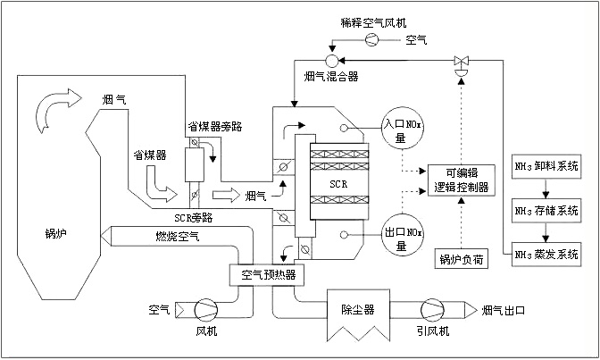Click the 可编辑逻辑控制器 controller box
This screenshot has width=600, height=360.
pos(459,180)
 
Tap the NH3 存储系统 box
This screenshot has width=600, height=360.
pos(546,212)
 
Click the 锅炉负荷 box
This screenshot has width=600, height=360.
pos(460,260)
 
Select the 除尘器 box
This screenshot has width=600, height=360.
pos(356,310)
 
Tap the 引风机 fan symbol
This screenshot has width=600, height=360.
pos(433,310)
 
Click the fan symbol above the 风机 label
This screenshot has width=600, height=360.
pos(205,310)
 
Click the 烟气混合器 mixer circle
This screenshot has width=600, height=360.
pos(330,61)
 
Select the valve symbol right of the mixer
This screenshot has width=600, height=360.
pos(462,62)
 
